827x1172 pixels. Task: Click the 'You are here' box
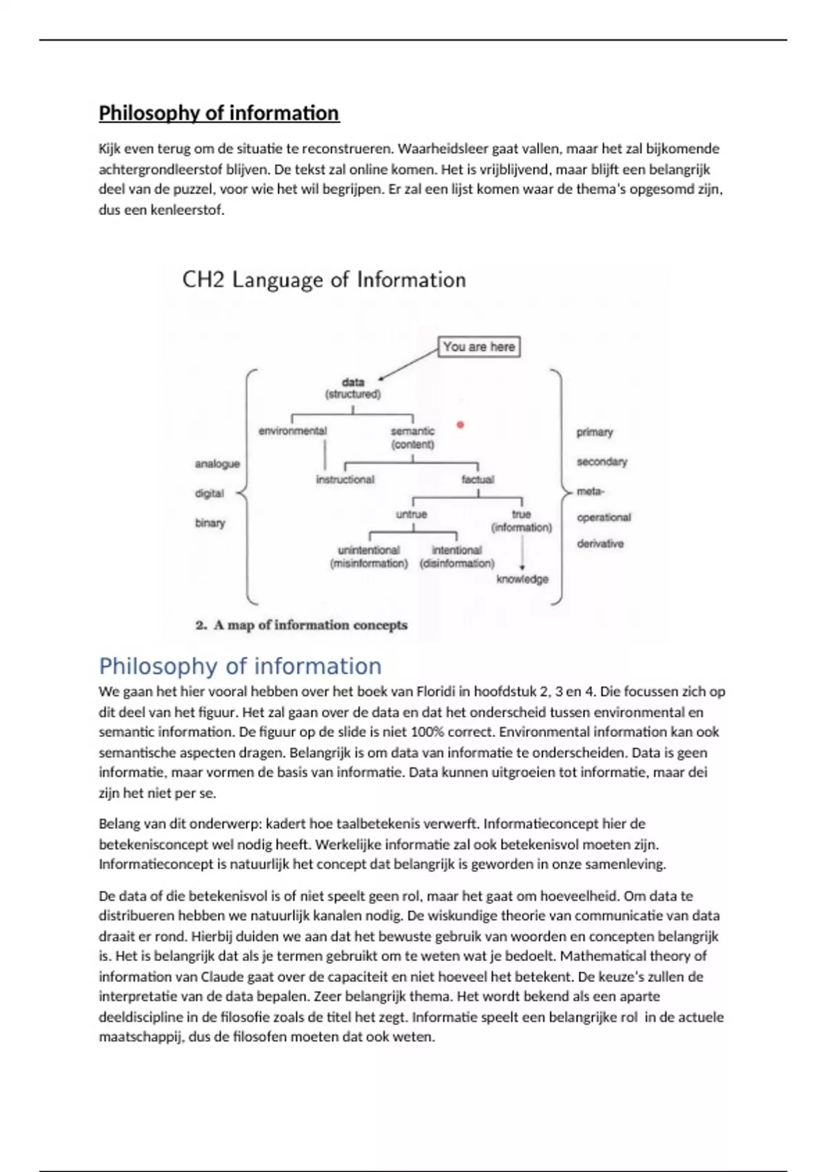479,347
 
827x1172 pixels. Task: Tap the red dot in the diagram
460,425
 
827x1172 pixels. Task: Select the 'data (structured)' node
353,388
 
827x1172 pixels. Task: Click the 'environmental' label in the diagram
292,431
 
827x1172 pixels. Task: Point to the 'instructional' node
345,479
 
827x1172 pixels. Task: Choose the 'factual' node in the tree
478,479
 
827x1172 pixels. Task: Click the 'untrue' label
411,514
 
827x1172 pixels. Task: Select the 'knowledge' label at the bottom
522,579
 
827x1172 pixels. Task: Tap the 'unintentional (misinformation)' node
369,556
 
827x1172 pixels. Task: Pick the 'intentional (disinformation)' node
457,556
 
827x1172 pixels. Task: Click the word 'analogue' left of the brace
217,464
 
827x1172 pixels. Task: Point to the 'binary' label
210,523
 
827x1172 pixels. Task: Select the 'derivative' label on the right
600,543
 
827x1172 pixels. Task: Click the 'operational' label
604,517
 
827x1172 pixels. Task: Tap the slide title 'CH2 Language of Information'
324,280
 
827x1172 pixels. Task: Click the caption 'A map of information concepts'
309,625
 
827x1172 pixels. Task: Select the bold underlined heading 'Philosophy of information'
219,113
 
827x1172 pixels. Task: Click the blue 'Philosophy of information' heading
240,666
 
